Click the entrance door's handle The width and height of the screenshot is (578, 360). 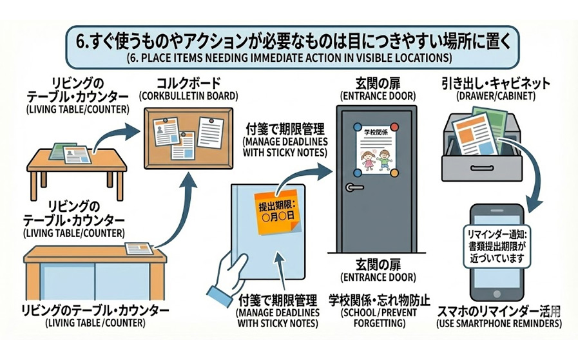coord(353,187)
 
